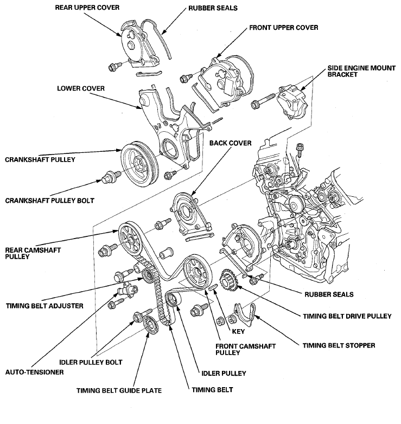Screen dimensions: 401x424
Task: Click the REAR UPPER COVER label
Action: pos(87,7)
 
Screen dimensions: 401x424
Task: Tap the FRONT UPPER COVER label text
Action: pos(284,28)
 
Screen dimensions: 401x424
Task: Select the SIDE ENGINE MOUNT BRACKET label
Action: pos(361,71)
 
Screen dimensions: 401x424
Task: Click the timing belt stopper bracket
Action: pos(245,316)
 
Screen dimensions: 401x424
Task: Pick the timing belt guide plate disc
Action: pos(151,324)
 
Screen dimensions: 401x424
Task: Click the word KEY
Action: pos(238,331)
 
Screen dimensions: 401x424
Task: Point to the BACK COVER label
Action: pos(230,143)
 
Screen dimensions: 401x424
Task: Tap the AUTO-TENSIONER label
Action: pos(35,372)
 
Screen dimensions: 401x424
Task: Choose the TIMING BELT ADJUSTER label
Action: pos(44,306)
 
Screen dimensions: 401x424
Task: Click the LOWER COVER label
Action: pos(81,88)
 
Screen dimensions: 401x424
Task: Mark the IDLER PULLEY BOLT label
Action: pos(91,362)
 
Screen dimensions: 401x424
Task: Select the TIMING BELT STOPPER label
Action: pos(339,345)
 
